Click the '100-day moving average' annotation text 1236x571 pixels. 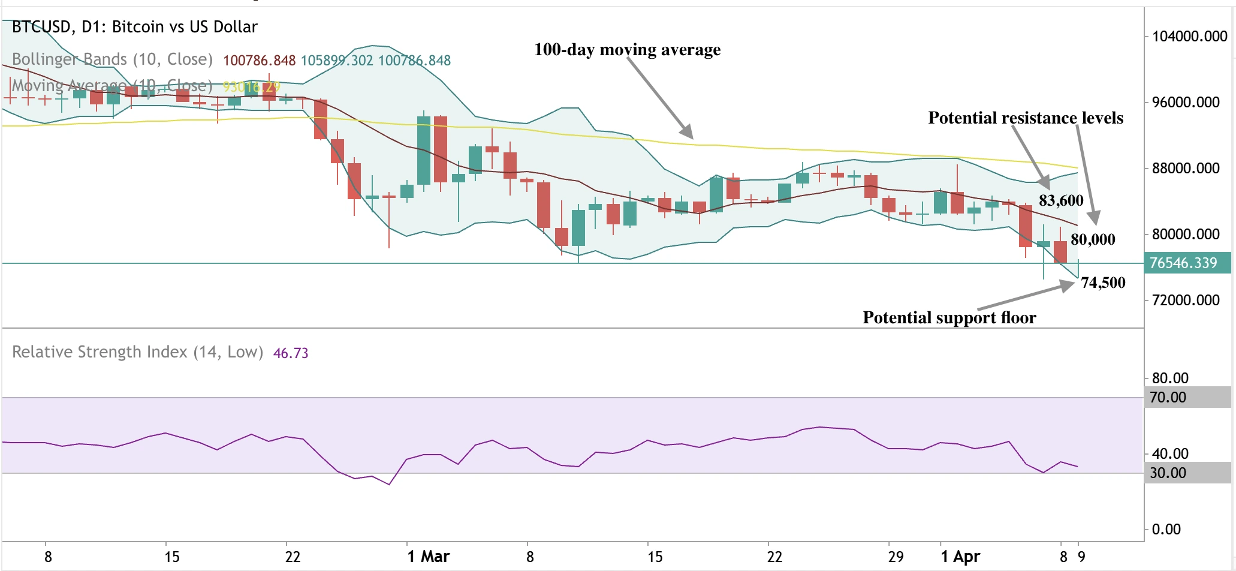(627, 50)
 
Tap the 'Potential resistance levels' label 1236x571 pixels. (1025, 118)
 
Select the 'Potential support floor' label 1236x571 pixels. (949, 318)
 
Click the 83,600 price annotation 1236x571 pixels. (1060, 201)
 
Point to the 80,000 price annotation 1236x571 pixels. (1092, 240)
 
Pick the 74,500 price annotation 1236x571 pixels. (1102, 283)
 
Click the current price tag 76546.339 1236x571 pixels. (1183, 263)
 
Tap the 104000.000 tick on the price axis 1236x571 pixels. (1189, 37)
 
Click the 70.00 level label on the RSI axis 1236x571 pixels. (1168, 398)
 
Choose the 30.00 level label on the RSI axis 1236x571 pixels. (1168, 473)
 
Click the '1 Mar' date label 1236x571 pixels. (428, 557)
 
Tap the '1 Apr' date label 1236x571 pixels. (960, 557)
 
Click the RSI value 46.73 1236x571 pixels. (291, 353)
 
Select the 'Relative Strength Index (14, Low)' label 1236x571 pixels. (137, 352)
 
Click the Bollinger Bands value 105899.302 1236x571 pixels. (336, 61)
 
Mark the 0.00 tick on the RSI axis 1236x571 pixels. (1166, 530)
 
